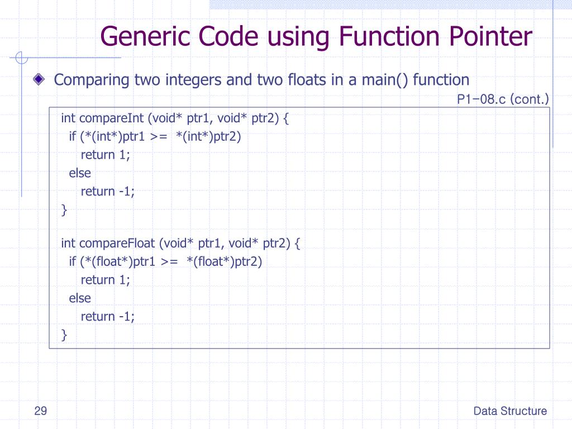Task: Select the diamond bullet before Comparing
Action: point(38,79)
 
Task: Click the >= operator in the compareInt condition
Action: point(158,137)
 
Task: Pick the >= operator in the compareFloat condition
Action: point(169,262)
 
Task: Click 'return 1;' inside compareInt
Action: point(106,155)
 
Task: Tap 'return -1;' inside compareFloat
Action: point(108,316)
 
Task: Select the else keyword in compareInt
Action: point(80,173)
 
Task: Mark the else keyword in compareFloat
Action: point(80,298)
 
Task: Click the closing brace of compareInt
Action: point(64,210)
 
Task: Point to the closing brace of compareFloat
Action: point(64,335)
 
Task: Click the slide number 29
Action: point(40,412)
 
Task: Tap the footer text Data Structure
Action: point(510,412)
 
